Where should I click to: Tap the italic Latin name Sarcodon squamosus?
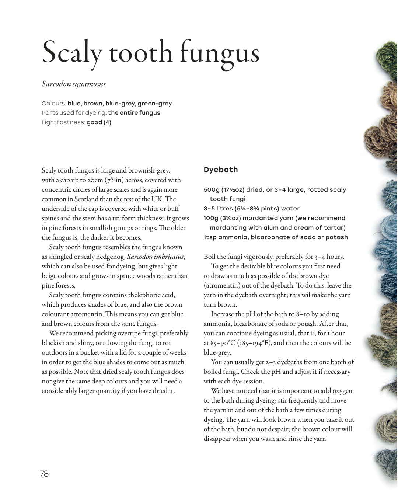coord(74,84)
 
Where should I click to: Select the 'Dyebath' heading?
coord(221,170)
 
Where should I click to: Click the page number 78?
coord(44,474)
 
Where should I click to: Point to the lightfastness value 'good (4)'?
coord(99,122)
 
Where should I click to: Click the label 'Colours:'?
coord(54,104)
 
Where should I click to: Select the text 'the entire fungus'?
coord(134,113)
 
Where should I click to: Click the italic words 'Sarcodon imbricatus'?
coord(155,257)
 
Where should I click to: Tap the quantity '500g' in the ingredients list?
coord(211,190)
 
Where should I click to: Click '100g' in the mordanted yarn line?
coord(211,218)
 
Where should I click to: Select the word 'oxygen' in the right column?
coord(342,391)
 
